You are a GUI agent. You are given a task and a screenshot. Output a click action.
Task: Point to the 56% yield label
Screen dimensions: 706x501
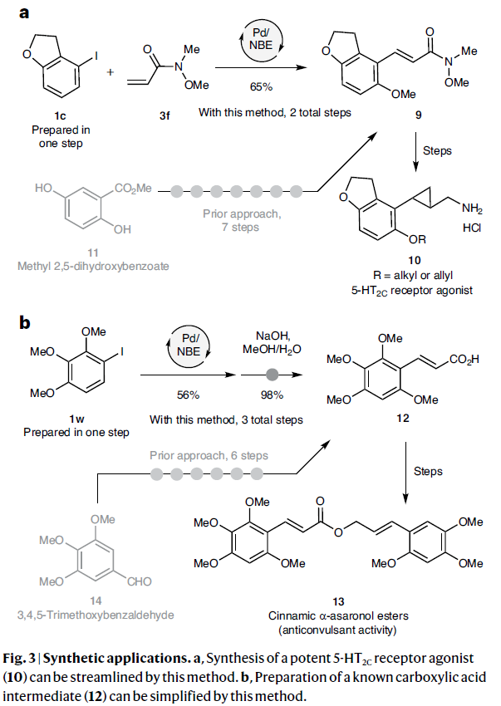tap(180, 395)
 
